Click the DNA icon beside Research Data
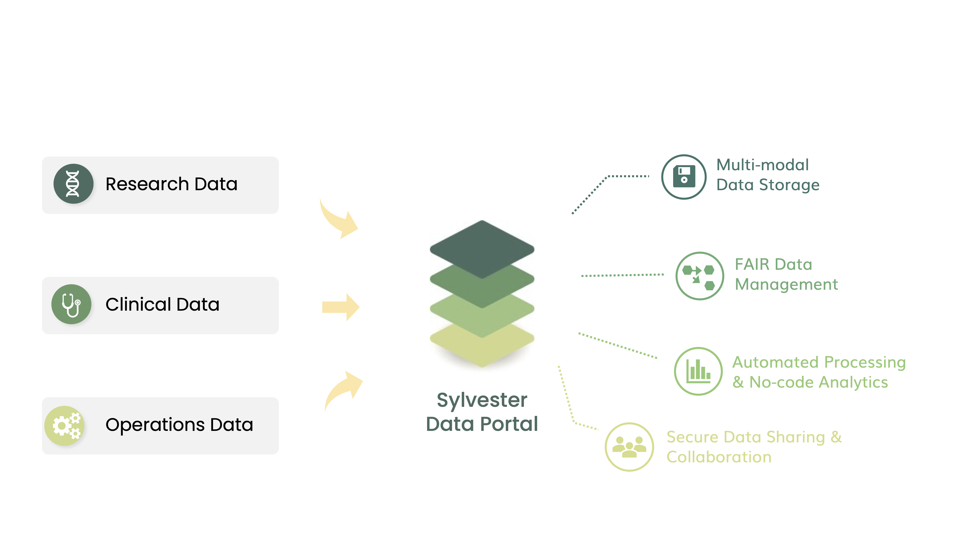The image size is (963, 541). click(73, 184)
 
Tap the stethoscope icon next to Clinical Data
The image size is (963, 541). click(71, 304)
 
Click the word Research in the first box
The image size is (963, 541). click(147, 184)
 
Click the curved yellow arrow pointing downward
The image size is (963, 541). click(338, 220)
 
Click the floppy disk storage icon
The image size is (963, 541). click(684, 176)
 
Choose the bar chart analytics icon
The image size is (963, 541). click(698, 371)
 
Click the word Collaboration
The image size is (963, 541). click(719, 457)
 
